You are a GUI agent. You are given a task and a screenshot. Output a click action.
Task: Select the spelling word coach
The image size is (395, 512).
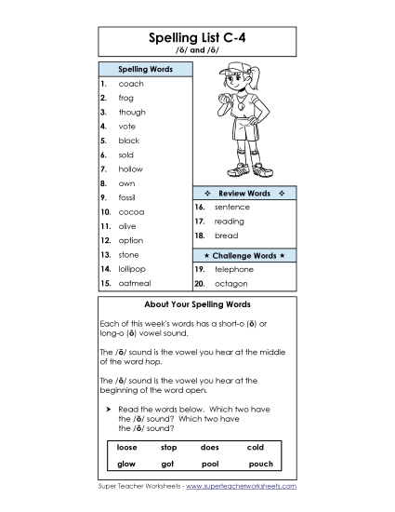coord(130,84)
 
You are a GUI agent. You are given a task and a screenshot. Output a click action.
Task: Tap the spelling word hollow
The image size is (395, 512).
coord(130,168)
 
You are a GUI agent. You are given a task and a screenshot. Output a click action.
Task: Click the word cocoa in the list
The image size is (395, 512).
coord(131,211)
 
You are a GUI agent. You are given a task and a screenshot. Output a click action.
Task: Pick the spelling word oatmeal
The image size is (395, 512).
coord(135,282)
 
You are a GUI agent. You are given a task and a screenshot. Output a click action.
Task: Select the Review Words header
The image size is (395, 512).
coord(244,193)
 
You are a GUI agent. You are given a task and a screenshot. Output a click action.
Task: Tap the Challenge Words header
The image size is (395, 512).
coord(244,254)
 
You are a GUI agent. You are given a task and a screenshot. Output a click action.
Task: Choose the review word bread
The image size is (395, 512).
coord(226,236)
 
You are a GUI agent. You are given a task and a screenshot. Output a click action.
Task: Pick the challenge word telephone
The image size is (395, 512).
coord(233,268)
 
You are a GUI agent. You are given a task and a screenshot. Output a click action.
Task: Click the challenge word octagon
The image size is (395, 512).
coord(230,282)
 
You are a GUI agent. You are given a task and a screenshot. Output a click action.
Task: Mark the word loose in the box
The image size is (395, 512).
coord(126,447)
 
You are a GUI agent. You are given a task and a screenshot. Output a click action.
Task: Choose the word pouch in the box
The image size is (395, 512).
coord(260,463)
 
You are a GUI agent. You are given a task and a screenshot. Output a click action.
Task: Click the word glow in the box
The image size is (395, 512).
coord(126,463)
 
